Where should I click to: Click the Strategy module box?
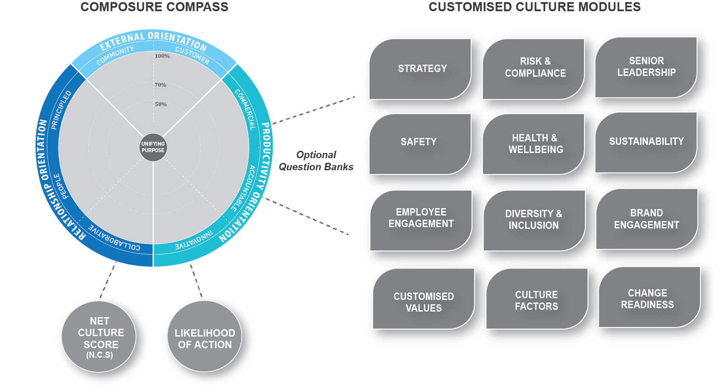(x=421, y=69)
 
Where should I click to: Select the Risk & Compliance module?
(x=534, y=68)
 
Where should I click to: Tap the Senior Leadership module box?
(x=646, y=67)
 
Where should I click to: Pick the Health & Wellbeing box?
(x=535, y=144)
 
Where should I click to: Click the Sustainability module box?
(x=646, y=142)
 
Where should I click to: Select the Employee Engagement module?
(x=421, y=218)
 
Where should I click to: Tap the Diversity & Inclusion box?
(x=534, y=220)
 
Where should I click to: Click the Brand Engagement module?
(x=646, y=219)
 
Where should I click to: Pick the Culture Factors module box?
(x=536, y=301)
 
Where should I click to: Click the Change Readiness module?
(x=647, y=299)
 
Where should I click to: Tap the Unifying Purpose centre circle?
(x=153, y=147)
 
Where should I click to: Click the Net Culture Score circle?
(x=100, y=338)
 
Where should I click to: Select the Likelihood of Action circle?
(x=205, y=339)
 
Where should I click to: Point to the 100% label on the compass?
(x=162, y=56)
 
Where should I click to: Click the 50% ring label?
(x=161, y=104)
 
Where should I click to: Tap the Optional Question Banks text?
(x=316, y=161)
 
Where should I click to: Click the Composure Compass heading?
(x=154, y=7)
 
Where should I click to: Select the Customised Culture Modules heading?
(x=534, y=7)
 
